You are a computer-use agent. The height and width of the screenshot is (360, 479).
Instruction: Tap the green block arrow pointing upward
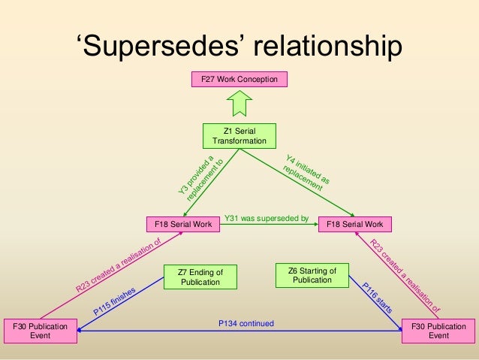[239, 102]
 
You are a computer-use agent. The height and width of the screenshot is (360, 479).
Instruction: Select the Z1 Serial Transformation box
[239, 136]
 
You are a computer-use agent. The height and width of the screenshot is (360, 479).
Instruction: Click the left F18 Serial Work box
[182, 224]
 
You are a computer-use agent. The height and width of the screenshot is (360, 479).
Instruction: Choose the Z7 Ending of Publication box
[200, 276]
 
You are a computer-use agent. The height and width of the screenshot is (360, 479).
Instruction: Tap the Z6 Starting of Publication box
[312, 274]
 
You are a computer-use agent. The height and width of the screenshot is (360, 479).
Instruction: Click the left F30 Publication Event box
[41, 331]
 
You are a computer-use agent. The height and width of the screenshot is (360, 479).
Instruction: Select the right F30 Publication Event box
[438, 331]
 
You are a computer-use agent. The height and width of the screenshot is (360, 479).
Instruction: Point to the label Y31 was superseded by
[267, 219]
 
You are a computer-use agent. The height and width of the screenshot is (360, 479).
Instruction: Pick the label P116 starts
[375, 296]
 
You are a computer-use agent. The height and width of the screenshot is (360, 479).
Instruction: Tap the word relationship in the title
[326, 47]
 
